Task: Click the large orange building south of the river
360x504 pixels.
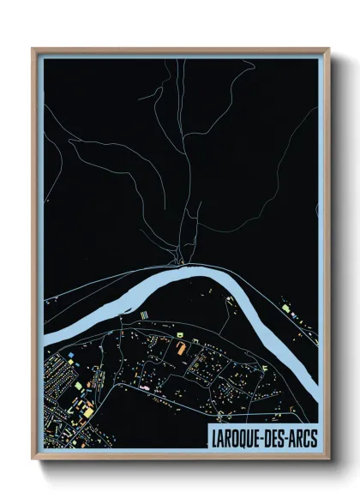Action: pos(181,349)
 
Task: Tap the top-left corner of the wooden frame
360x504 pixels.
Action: pos(33,49)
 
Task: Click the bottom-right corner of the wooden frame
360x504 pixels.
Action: pos(329,459)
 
